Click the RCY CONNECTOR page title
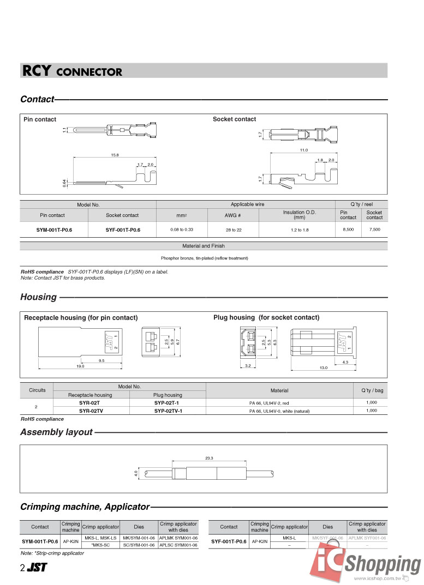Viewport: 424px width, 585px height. click(72, 71)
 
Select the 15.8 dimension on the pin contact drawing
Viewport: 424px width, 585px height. click(115, 155)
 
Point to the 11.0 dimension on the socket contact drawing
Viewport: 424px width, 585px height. click(304, 150)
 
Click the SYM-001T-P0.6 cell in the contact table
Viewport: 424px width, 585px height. click(54, 230)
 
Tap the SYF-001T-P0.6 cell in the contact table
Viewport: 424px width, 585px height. click(123, 230)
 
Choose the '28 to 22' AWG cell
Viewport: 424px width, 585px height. click(234, 230)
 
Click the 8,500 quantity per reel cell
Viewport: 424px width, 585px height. click(348, 230)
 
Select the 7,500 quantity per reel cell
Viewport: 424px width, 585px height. click(375, 230)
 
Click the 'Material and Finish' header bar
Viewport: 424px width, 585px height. click(204, 246)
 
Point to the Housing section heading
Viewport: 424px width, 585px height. click(38, 297)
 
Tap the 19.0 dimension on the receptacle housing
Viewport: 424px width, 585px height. click(80, 366)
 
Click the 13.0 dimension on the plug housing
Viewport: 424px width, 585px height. click(323, 368)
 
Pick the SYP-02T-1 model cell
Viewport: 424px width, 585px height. click(168, 402)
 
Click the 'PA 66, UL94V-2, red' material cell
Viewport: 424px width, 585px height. click(279, 403)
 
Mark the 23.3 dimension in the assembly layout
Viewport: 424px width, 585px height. click(209, 458)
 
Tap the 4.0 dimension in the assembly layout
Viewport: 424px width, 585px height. click(136, 473)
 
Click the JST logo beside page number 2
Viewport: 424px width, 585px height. click(37, 568)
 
